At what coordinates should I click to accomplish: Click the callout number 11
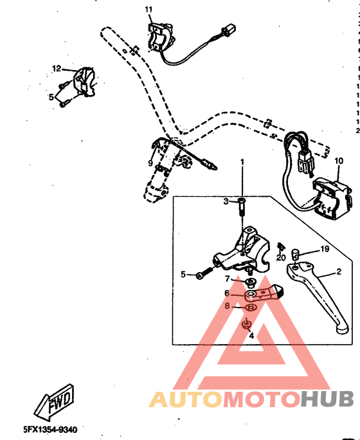(148, 9)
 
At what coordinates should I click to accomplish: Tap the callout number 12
(57, 68)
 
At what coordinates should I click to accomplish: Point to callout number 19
(325, 249)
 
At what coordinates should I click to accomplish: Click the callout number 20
(281, 258)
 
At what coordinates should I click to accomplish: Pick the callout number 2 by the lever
(339, 272)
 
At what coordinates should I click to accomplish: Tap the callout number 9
(150, 163)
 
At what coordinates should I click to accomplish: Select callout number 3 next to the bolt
(226, 201)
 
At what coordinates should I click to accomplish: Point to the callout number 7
(227, 279)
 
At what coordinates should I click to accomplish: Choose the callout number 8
(227, 307)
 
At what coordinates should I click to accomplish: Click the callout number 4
(251, 335)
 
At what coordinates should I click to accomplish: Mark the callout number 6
(227, 293)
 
